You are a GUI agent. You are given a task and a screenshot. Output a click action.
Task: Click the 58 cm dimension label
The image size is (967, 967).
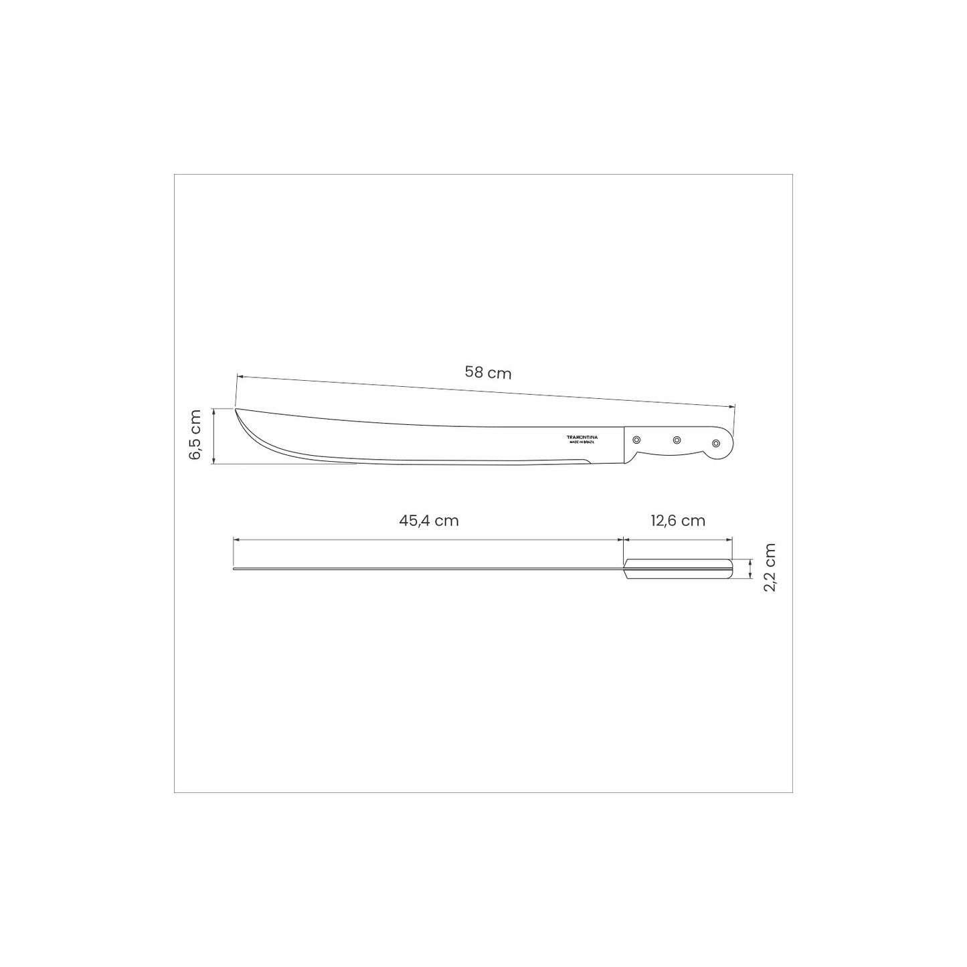488,373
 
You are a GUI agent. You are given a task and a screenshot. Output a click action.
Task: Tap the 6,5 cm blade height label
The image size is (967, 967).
195,434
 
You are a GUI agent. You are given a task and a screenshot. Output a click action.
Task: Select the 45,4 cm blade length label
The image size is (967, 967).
429,521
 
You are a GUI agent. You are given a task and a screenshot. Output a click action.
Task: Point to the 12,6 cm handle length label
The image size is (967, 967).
678,521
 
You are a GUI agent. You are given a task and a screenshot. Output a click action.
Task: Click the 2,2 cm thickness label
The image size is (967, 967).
770,567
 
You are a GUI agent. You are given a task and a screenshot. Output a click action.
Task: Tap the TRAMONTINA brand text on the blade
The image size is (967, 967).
582,437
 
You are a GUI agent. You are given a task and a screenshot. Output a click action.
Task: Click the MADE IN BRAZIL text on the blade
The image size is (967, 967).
582,442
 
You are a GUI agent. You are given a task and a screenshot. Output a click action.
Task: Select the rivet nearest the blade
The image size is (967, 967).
636,440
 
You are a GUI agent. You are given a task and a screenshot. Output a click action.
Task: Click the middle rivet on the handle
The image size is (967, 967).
677,440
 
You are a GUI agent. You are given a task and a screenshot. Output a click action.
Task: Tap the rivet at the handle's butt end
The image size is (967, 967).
716,443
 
